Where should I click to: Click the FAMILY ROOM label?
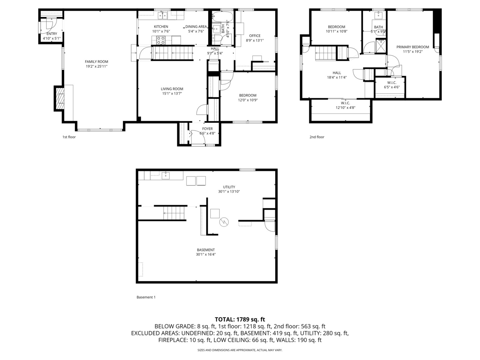pos(96,62)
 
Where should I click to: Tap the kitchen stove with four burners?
pos(161,40)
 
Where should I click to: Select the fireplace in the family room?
pos(60,99)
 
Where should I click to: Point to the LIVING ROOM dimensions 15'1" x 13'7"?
pos(172,94)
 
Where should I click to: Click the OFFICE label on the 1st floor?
pos(255,36)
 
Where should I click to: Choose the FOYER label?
pos(207,129)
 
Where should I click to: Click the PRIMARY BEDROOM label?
pos(413,47)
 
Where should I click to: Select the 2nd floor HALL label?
pos(337,73)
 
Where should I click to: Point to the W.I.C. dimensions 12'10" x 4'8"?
pos(345,108)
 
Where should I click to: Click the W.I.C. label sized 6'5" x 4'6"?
pos(392,83)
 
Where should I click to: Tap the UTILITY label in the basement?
pos(229,187)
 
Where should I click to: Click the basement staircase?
pos(174,213)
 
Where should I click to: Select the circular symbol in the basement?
pos(224,222)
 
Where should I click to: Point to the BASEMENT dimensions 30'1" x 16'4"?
pos(206,255)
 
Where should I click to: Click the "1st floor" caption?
pos(69,137)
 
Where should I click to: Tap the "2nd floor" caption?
pos(317,137)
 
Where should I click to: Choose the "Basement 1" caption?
pos(146,297)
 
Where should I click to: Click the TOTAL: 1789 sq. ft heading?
pos(240,320)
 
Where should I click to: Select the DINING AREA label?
pos(196,27)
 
